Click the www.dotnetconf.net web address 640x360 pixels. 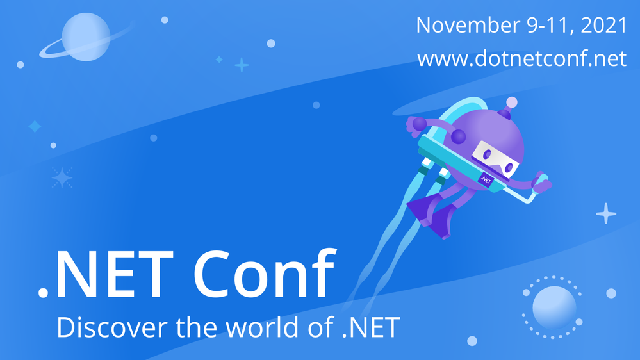(521, 60)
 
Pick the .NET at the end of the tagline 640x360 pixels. (372, 327)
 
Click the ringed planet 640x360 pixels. (86, 38)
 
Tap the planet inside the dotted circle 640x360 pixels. (554, 307)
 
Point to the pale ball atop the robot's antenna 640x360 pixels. (511, 102)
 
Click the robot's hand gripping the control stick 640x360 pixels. (543, 186)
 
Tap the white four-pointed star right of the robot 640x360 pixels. (605, 213)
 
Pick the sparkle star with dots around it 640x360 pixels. (62, 177)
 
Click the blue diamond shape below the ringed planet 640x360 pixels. (35, 127)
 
